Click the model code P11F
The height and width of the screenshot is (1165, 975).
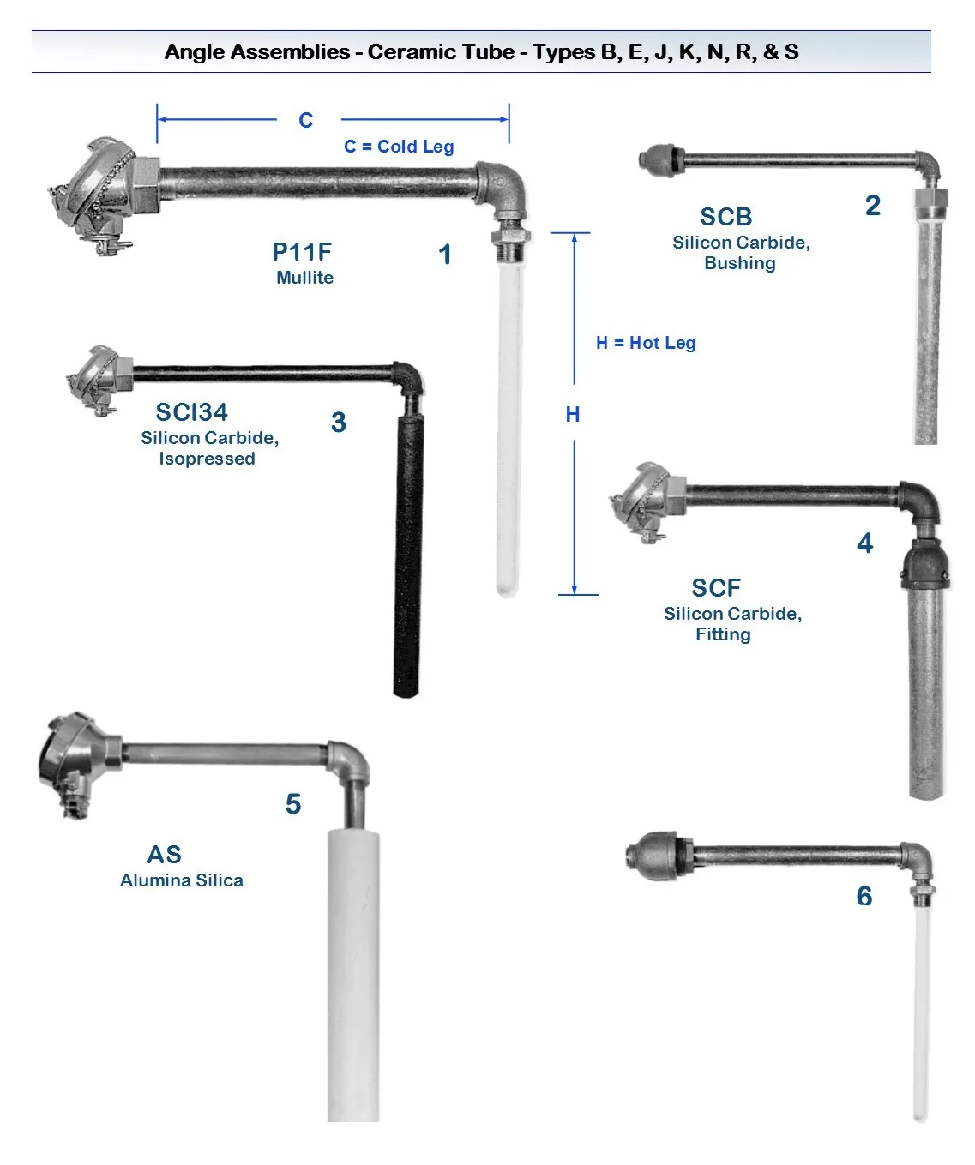pos(302,252)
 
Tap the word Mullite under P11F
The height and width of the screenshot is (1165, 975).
pos(304,278)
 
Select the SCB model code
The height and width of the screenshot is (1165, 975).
pos(725,217)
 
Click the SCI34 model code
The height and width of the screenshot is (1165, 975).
pos(191,412)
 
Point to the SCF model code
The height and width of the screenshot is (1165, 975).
pos(716,588)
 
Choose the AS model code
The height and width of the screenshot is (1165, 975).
pos(164,855)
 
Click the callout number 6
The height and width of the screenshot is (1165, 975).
pos(864,897)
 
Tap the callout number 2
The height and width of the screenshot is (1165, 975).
pos(873,206)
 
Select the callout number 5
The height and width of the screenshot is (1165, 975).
pos(293,804)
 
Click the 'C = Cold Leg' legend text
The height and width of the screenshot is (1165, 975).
pos(399,147)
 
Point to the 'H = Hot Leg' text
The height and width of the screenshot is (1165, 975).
pos(646,343)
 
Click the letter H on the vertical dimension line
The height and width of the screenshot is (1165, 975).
pos(573,415)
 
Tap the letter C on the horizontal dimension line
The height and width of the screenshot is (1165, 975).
pos(306,120)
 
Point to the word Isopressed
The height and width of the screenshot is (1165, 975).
pos(207,459)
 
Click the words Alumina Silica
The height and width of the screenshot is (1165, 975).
pos(182,880)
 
